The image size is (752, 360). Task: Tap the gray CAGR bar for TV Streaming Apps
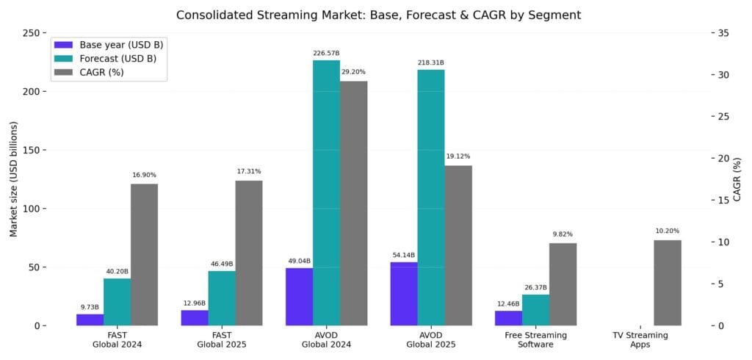coord(667,283)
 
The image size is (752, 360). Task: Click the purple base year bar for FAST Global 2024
coord(90,320)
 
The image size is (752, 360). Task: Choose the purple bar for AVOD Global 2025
coord(403,293)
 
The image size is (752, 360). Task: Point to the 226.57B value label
coord(326,53)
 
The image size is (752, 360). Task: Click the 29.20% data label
coord(353,72)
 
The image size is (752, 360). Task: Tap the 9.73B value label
coord(90,307)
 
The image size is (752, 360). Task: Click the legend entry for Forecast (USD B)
coord(109,58)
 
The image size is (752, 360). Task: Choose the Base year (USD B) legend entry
coord(109,44)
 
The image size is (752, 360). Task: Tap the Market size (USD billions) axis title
coord(13,179)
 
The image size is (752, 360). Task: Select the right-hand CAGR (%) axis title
coord(737,179)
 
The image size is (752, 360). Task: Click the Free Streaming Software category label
coord(535,340)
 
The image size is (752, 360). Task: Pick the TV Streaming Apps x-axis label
coord(640,340)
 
